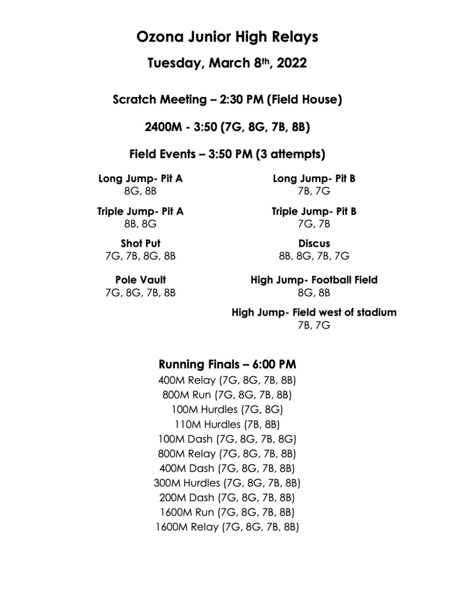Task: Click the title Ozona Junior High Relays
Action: (227, 38)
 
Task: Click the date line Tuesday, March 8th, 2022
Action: (227, 63)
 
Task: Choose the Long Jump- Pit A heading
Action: (140, 178)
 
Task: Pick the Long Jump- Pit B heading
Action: (314, 178)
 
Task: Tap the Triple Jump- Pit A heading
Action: (140, 211)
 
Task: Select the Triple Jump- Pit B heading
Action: (314, 211)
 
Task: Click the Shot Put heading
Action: (140, 243)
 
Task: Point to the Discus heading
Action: (314, 243)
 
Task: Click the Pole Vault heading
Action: (140, 280)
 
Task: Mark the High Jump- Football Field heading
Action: (314, 280)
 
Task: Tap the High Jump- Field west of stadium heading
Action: (314, 313)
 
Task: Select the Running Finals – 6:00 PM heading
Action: (227, 364)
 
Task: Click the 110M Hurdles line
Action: (227, 424)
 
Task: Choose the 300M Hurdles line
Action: (227, 482)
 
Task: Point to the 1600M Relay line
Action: (227, 526)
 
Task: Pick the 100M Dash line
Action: (227, 439)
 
